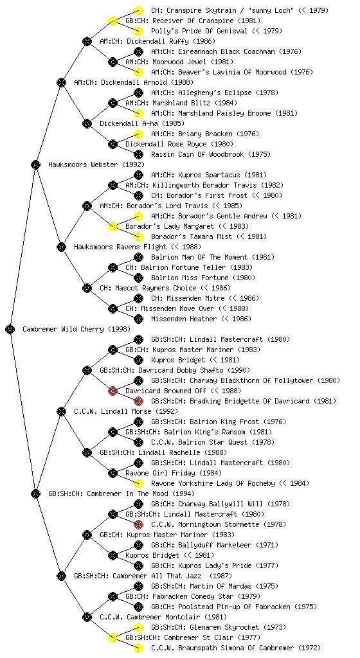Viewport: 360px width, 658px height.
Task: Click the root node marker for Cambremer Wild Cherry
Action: click(x=10, y=330)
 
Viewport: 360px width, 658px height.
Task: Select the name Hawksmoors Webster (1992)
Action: click(x=96, y=165)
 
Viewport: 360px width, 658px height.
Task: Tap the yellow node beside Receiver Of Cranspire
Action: click(x=113, y=21)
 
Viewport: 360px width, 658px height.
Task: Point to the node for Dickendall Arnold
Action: click(x=61, y=82)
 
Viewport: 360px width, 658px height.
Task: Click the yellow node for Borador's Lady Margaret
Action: click(x=113, y=227)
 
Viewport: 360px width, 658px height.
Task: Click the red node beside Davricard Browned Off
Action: click(x=113, y=391)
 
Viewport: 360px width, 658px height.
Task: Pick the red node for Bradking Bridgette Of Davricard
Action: click(x=138, y=401)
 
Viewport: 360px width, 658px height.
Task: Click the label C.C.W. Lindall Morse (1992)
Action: click(x=126, y=412)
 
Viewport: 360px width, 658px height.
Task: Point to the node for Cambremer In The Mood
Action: click(x=35, y=494)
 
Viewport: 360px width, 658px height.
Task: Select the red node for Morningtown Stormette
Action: click(x=138, y=524)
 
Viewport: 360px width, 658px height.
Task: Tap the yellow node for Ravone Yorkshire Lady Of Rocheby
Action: click(x=138, y=483)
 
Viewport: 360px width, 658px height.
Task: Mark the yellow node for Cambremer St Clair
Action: click(x=113, y=638)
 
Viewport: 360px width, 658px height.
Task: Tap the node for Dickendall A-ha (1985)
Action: click(x=87, y=124)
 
